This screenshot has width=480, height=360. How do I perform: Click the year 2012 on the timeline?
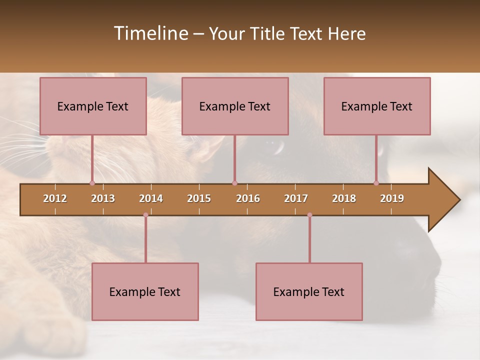click(x=55, y=198)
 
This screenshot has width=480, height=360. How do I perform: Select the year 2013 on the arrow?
click(x=103, y=198)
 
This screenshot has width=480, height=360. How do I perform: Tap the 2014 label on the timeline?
click(x=151, y=198)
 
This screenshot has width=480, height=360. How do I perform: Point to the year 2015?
click(x=199, y=198)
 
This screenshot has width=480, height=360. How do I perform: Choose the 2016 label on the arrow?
click(x=248, y=198)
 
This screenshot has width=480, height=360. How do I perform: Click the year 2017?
click(x=296, y=198)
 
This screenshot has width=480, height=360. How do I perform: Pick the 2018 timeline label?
click(x=344, y=198)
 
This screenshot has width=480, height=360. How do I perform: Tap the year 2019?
click(x=392, y=198)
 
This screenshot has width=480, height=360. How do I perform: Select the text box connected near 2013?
click(x=93, y=106)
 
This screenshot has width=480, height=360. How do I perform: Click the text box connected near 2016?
click(x=235, y=106)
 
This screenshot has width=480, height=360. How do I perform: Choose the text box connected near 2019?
click(x=377, y=106)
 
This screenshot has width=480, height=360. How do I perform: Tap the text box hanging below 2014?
click(x=145, y=291)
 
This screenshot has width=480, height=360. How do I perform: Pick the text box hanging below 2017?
click(x=309, y=291)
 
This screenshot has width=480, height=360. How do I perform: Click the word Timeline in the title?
click(x=150, y=33)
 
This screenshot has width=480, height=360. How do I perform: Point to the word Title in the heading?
click(x=268, y=33)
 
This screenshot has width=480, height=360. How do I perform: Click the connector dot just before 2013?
click(x=92, y=183)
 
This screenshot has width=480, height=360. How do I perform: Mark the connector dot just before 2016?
click(x=234, y=183)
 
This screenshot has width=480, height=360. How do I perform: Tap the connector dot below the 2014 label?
click(x=145, y=215)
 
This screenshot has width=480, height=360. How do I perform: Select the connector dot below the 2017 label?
click(x=309, y=215)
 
